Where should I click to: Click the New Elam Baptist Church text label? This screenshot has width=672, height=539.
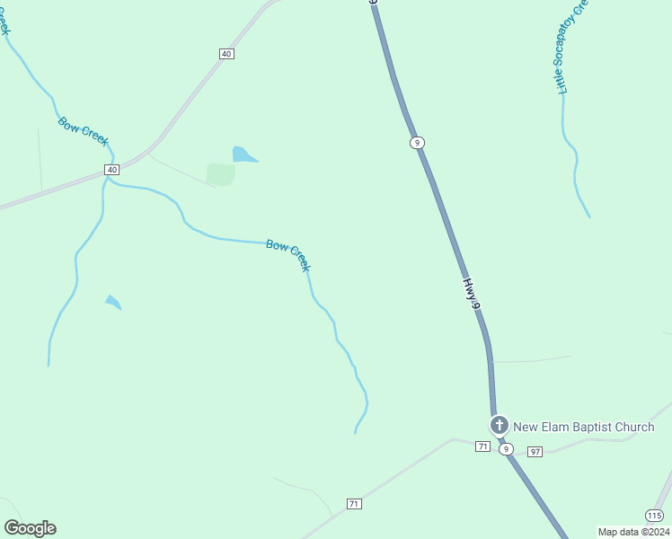point(583,427)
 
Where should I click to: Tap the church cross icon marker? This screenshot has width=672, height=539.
point(499,425)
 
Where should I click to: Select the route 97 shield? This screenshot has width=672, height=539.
point(535,451)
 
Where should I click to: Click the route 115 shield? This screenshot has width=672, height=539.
point(654,515)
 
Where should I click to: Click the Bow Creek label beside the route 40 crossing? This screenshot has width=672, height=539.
point(84,131)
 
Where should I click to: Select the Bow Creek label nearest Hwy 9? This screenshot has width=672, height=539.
point(288,255)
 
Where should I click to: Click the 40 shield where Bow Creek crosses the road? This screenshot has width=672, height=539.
point(111,170)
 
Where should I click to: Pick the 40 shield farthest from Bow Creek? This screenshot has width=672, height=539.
point(226,54)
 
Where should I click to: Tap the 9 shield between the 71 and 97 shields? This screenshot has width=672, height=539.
point(507,449)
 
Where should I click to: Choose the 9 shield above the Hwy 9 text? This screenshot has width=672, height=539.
point(417,143)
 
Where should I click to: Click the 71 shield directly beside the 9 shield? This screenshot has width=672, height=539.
point(483,446)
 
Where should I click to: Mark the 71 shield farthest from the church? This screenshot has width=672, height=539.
point(354,504)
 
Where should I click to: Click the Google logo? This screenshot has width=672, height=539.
point(31,528)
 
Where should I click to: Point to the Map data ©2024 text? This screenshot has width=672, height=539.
point(632,532)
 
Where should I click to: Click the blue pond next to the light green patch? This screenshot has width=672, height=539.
point(243,155)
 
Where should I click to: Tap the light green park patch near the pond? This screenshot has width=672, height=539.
point(220,173)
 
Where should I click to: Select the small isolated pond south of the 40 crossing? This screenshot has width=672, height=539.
point(113,302)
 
